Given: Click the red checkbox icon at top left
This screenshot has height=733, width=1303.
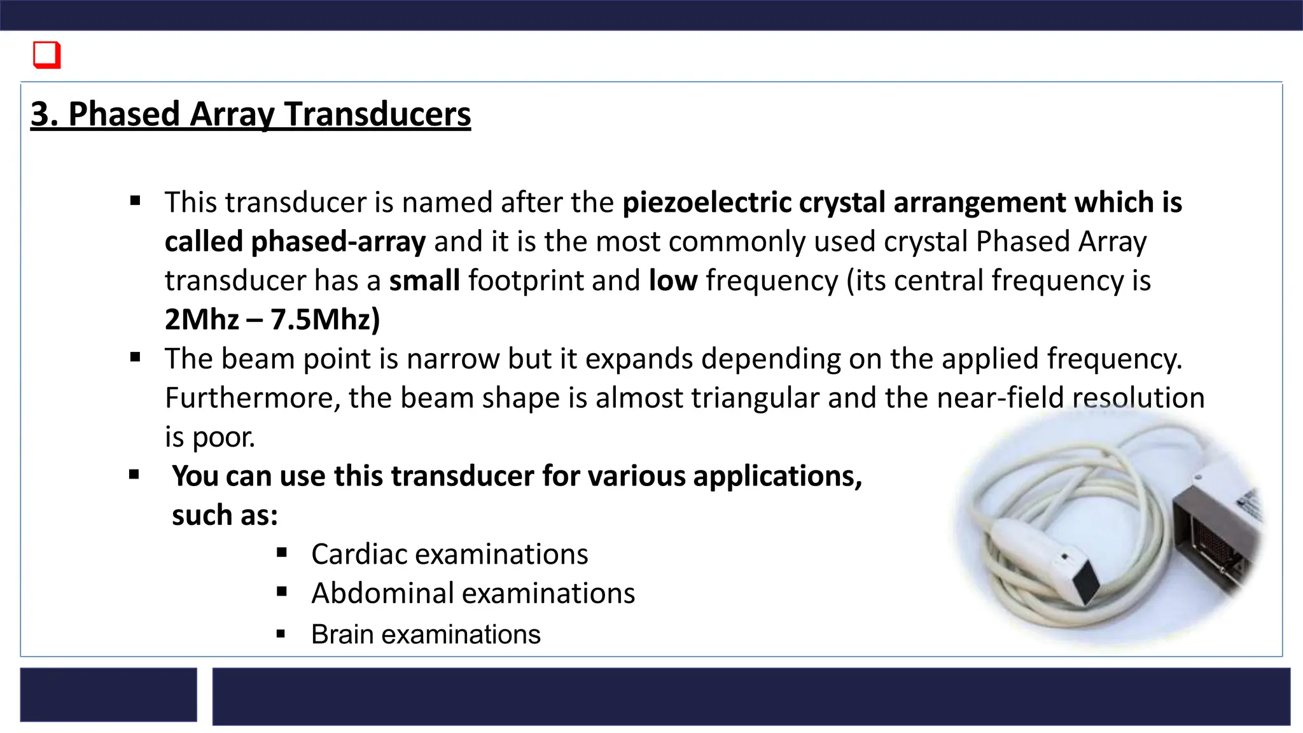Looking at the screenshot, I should tap(46, 55).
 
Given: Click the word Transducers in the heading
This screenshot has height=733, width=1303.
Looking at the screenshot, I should tap(377, 115).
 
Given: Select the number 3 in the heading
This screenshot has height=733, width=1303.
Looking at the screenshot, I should tap(40, 115).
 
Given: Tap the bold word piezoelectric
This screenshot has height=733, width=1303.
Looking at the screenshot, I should tap(706, 202).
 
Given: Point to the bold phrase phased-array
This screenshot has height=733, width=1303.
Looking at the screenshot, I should tap(338, 242).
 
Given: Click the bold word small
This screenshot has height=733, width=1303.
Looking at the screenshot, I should tap(424, 281).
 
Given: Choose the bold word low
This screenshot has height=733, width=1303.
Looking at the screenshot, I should tap(672, 281).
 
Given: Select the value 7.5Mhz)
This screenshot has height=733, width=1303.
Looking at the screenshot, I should tap(325, 319).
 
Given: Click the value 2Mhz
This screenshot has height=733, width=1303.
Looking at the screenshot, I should tap(202, 319).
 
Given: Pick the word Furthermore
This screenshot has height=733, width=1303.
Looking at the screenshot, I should tap(253, 398).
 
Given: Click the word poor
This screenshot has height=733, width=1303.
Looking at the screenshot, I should tap(223, 437).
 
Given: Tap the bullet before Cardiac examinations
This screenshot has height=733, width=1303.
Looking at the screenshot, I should tap(282, 552).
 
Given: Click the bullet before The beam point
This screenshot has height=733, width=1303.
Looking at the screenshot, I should tap(135, 358).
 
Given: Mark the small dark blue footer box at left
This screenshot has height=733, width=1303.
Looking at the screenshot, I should tap(108, 694).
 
